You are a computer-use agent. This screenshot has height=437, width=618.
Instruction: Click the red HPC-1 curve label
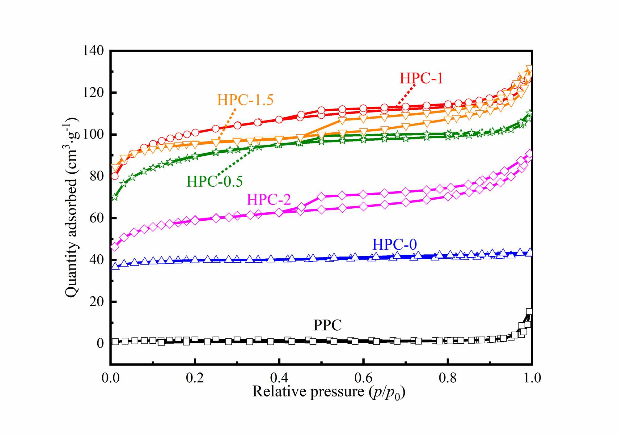coord(421,78)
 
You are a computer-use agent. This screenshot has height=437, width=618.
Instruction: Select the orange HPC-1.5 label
coord(245,100)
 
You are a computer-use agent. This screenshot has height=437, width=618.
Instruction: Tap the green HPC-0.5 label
coord(215,181)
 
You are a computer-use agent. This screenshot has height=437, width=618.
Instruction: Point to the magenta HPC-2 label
coord(269,200)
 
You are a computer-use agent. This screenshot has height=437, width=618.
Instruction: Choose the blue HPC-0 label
coord(395,244)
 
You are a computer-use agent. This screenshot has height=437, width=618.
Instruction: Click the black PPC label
coord(328,325)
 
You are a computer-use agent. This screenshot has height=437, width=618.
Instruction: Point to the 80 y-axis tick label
coord(96,176)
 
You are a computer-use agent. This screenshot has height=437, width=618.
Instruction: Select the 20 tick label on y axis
coord(96,302)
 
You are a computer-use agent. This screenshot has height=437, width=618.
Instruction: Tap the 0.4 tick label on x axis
coord(279,378)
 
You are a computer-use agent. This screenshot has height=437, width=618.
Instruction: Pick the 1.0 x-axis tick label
coord(532,378)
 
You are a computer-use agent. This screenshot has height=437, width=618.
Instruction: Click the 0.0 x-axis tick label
coord(111,378)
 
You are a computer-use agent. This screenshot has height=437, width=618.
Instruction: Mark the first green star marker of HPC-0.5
coord(115,197)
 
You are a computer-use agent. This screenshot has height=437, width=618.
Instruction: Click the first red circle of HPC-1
coord(115,176)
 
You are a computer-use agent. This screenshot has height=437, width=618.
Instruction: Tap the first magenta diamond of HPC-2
coord(115,247)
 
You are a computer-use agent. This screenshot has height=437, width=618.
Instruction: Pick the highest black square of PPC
coord(529,312)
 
